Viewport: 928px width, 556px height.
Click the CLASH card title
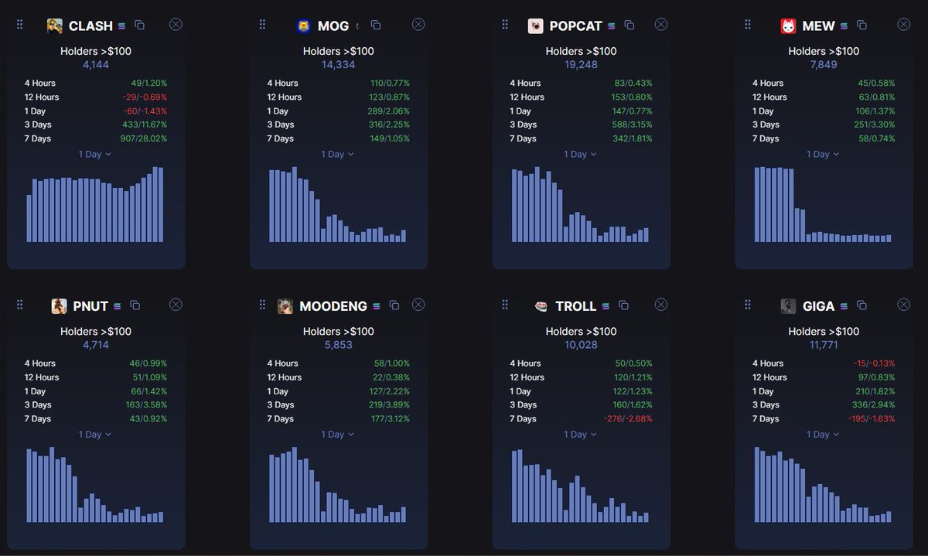pos(90,26)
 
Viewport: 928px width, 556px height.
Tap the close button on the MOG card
pos(418,25)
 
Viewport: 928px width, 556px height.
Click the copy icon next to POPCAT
pos(629,26)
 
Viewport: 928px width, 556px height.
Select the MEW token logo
pos(788,26)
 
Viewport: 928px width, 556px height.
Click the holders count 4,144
pos(96,65)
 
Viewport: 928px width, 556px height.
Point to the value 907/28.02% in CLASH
pos(144,138)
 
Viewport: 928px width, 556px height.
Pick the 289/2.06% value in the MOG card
pos(389,111)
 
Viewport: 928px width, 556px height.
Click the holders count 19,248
pos(581,65)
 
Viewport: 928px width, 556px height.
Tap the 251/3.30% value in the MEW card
pos(870,125)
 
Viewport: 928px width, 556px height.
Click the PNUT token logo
pos(59,306)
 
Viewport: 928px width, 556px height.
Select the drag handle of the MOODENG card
pos(263,305)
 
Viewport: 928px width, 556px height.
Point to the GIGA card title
pos(818,306)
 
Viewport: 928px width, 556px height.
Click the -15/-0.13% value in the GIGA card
pos(872,363)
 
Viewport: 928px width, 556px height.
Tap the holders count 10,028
pos(581,345)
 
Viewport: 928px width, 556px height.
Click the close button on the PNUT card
pos(176,305)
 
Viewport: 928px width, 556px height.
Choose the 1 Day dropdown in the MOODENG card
pos(337,434)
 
